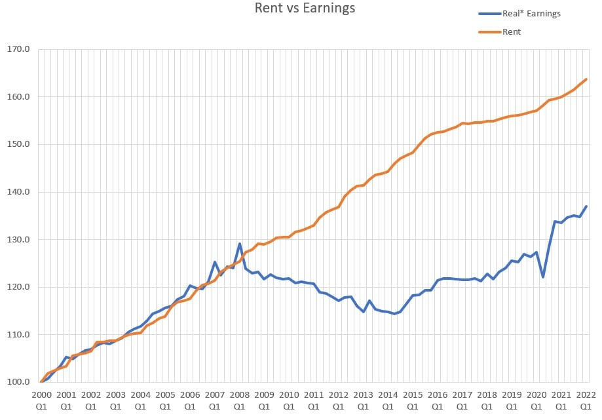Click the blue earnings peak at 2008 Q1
239,244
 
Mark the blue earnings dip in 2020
543,277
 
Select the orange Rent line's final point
586,79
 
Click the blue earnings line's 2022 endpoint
586,206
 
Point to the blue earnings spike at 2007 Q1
215,262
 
